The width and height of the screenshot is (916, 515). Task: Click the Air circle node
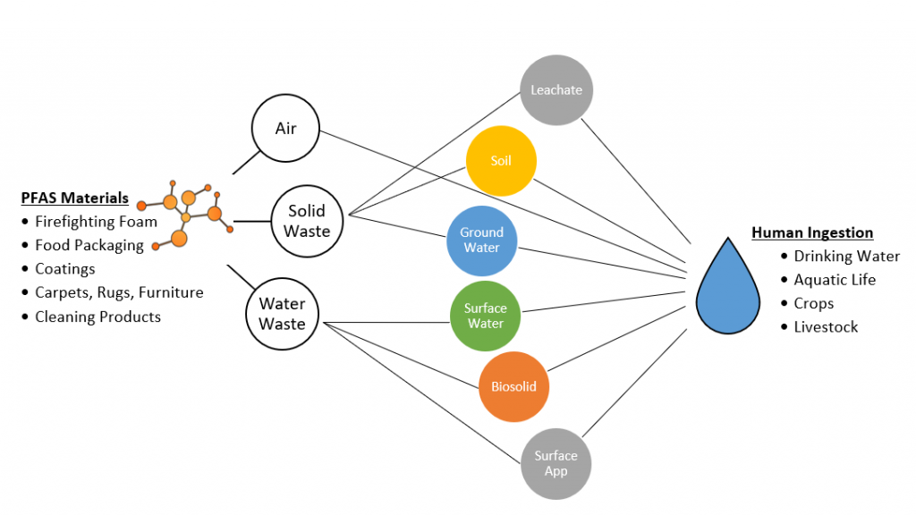click(x=285, y=129)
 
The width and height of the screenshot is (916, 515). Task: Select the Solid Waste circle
click(x=308, y=221)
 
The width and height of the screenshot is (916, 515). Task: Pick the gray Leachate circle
click(x=556, y=90)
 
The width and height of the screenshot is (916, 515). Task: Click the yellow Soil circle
click(x=501, y=162)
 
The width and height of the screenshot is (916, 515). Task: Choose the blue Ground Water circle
click(x=482, y=240)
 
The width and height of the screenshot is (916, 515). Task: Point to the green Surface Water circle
click(x=486, y=316)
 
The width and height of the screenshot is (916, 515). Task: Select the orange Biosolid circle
click(x=513, y=387)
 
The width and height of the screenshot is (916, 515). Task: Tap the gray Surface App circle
click(x=556, y=462)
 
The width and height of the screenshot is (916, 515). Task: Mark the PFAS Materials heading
click(x=75, y=198)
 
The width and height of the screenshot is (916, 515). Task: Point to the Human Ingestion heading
click(x=812, y=232)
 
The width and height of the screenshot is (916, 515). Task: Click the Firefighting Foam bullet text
click(x=96, y=222)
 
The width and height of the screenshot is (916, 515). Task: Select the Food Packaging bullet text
click(x=89, y=245)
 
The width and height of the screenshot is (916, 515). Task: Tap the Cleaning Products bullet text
click(x=98, y=317)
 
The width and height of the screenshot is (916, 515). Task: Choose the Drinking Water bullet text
click(x=846, y=257)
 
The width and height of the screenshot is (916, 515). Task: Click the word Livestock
click(x=826, y=326)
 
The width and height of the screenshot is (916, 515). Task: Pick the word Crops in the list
click(x=813, y=303)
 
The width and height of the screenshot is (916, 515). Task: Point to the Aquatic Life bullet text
click(x=835, y=280)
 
